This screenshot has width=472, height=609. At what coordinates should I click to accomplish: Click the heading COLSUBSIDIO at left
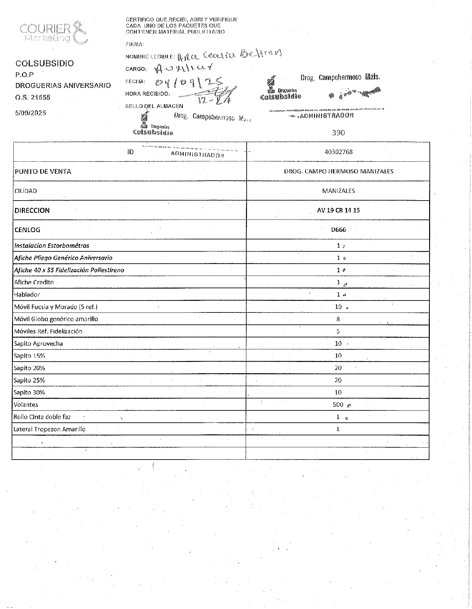45,63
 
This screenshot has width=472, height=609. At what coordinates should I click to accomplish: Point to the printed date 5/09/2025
31,113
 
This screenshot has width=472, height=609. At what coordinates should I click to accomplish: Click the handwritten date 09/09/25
189,81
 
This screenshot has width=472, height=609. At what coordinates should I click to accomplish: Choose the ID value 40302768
338,152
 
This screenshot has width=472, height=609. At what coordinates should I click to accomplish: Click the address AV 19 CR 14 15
338,210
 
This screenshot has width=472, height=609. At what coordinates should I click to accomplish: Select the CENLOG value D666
338,230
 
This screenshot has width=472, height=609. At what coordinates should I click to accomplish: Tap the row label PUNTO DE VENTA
43,172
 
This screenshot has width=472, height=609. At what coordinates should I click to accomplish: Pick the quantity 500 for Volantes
338,405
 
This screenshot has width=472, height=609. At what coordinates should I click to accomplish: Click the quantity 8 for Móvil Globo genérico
338,319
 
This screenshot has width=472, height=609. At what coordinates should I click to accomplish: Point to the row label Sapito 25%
29,380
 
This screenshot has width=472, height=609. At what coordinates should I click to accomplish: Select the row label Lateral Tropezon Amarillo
50,429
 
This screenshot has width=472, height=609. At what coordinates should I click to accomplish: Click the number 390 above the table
338,133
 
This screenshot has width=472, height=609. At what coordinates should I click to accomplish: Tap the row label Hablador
27,295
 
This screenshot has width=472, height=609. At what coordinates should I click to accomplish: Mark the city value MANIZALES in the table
338,191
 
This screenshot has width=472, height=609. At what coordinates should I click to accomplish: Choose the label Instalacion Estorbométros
52,246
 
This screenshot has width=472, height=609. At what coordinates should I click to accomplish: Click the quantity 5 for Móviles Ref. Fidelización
338,331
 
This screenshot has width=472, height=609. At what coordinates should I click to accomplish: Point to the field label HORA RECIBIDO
148,94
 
